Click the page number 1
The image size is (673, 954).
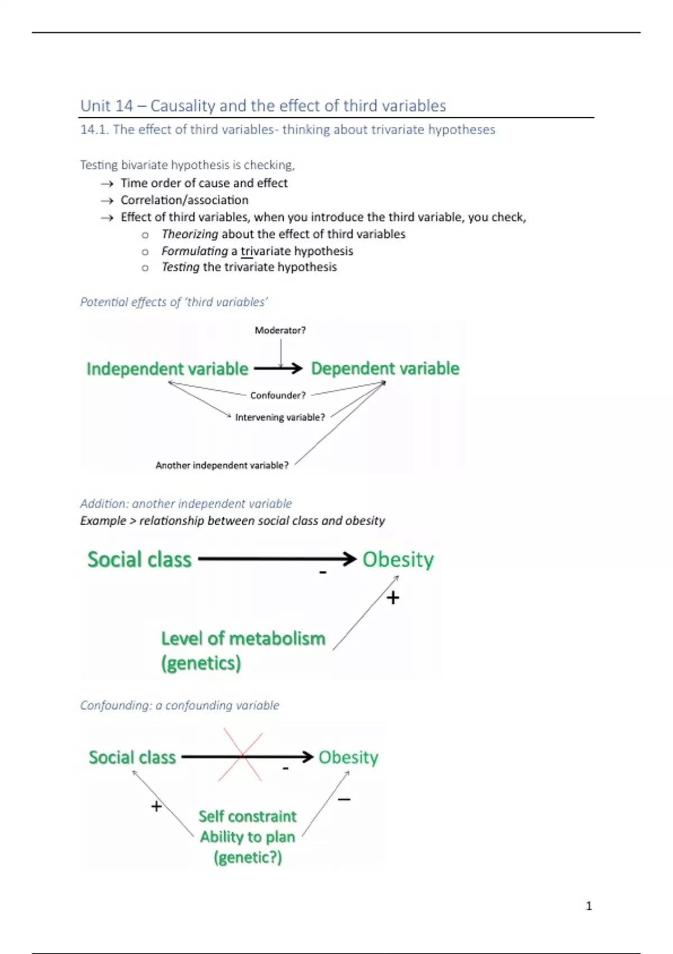click(x=588, y=906)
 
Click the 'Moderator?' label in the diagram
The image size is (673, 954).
click(x=280, y=331)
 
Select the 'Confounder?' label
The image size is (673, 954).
click(x=278, y=396)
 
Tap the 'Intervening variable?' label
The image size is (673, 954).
click(x=280, y=418)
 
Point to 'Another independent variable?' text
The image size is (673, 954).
click(x=222, y=465)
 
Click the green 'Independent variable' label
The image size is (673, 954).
click(x=167, y=369)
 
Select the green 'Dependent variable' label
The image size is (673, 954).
click(x=385, y=369)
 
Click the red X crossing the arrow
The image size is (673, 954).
click(x=241, y=755)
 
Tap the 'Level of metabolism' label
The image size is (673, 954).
click(x=243, y=639)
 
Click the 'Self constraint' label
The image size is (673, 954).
click(x=247, y=817)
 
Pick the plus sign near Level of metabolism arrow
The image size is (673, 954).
click(x=393, y=598)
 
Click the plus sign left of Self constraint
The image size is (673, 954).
click(x=156, y=806)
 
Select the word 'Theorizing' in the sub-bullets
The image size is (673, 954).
click(x=190, y=234)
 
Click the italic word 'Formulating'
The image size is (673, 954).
click(x=195, y=251)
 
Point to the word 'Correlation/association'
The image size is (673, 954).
click(x=184, y=200)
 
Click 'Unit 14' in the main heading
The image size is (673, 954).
click(x=107, y=106)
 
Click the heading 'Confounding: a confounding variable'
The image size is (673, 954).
click(x=179, y=705)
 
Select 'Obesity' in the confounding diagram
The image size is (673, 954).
click(x=348, y=758)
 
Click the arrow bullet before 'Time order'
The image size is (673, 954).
click(x=107, y=184)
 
